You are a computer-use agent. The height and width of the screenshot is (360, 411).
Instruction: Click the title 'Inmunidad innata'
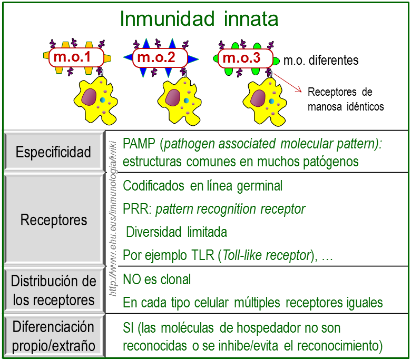tap(199, 19)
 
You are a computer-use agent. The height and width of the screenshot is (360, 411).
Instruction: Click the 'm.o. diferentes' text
tap(320, 61)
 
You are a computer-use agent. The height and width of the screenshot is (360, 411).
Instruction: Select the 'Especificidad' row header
tap(53, 153)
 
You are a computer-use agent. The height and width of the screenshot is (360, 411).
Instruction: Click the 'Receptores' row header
tap(53, 219)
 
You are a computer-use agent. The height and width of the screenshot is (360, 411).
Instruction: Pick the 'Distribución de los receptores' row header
tap(53, 291)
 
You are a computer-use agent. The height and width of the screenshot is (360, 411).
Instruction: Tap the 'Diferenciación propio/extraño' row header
tap(53, 336)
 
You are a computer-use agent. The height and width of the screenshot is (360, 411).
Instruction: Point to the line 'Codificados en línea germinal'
tap(202, 186)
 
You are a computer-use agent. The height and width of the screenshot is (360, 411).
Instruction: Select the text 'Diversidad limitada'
tap(177, 232)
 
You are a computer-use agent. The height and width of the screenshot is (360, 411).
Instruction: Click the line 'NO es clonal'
tap(156, 279)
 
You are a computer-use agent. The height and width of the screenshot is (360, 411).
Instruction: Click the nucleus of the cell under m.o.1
tap(88, 96)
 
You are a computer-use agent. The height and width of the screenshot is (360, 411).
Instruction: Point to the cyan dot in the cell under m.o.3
tap(271, 101)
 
